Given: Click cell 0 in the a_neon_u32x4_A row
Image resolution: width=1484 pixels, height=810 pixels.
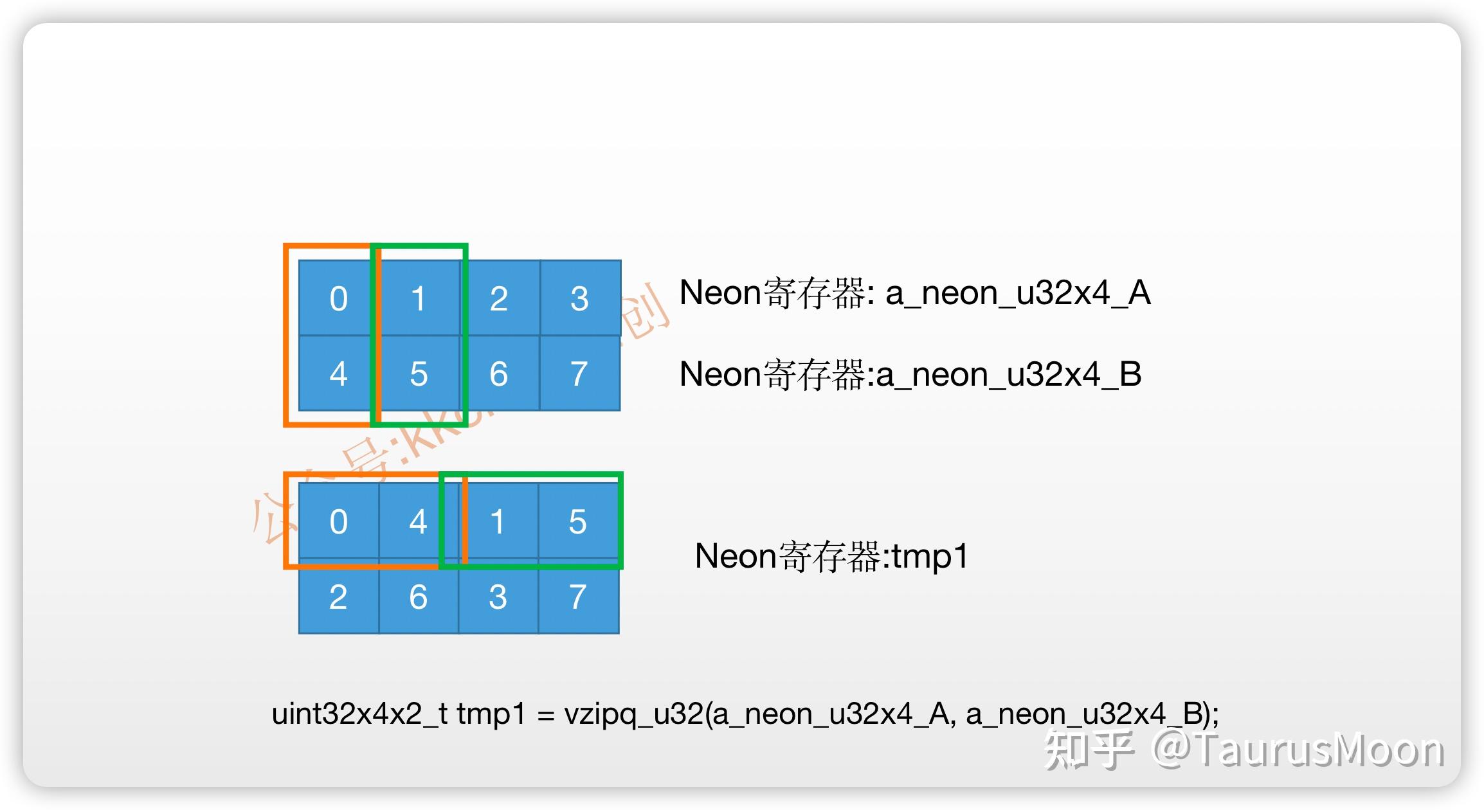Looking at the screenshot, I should tap(338, 298).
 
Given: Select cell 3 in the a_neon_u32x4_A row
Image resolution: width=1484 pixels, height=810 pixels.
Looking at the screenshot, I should tap(579, 298).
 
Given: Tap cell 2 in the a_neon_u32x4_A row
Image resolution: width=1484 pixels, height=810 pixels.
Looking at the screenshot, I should tap(499, 298).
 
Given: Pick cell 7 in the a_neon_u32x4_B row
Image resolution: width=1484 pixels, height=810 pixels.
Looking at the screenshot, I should tap(579, 373).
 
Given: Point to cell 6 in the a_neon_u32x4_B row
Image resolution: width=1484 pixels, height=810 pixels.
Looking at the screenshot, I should tap(499, 373).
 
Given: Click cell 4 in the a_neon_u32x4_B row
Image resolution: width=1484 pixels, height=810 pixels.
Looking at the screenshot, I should tap(338, 373).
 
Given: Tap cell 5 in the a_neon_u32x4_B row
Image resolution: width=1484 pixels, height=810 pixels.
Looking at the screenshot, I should tap(419, 373).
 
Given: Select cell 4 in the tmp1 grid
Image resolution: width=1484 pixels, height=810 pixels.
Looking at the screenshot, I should tap(418, 521).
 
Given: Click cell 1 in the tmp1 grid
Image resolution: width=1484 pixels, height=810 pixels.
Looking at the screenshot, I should tap(497, 521).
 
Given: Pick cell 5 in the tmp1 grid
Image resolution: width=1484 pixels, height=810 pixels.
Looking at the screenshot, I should tap(577, 521).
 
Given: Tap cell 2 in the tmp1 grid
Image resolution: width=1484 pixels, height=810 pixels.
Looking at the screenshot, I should tap(338, 597).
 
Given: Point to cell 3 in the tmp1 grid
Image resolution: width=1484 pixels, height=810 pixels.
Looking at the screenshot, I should tap(497, 597).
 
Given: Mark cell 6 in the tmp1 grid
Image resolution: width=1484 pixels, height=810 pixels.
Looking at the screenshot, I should tap(418, 597).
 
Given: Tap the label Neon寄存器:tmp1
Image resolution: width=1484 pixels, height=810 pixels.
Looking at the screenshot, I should tap(831, 556).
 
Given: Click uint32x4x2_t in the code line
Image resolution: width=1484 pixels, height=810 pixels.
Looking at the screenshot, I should tap(359, 714).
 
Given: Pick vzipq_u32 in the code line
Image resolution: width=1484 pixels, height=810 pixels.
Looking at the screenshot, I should tap(633, 714).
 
